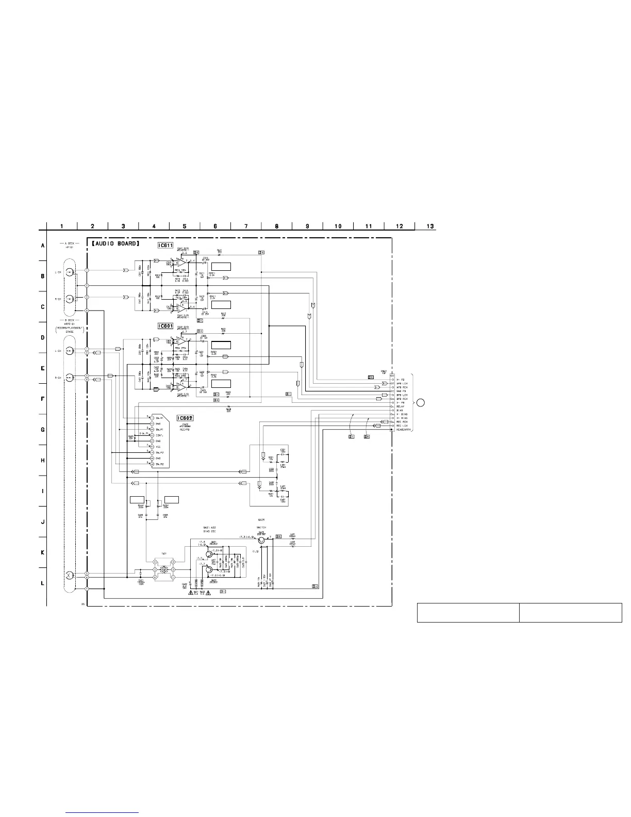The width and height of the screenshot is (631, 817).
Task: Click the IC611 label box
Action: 165,246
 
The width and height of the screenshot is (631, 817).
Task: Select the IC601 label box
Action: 165,326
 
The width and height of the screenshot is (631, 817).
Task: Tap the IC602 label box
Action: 185,418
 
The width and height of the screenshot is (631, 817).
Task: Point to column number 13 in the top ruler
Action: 430,226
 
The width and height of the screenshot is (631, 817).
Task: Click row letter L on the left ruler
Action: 43,583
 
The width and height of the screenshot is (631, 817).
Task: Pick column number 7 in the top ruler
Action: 246,226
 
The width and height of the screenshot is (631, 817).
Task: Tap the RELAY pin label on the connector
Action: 400,406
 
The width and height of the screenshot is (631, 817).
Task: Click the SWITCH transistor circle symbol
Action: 262,540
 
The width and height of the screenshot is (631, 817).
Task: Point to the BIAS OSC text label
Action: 209,531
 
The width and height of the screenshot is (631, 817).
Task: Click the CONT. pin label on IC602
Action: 160,435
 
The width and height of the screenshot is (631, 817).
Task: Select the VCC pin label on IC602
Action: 158,446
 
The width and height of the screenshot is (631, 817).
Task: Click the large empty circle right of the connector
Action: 421,403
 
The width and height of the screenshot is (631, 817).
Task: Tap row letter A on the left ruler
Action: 43,246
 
